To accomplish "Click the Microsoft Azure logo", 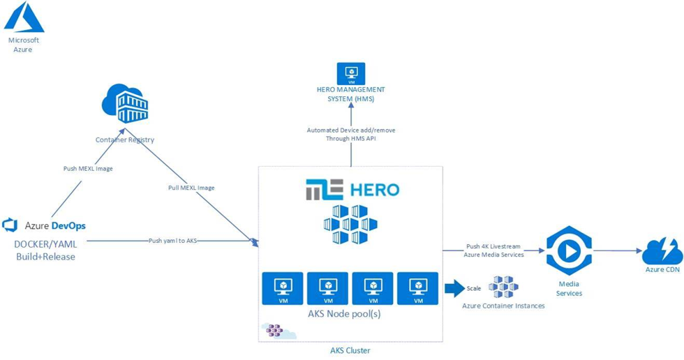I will (24, 18).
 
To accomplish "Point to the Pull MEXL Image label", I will (191, 188).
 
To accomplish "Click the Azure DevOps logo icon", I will (10, 225).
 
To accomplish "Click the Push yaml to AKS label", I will (172, 241).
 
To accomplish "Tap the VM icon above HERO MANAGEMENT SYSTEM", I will (351, 74).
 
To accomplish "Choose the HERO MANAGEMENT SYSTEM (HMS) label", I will (351, 94).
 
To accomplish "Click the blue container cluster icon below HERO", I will (350, 225).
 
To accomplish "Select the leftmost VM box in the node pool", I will (283, 288).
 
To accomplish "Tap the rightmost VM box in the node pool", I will (417, 288).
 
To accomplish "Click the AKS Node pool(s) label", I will (350, 313).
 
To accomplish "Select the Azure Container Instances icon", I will (503, 287).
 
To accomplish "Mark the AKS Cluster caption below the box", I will (350, 350).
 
